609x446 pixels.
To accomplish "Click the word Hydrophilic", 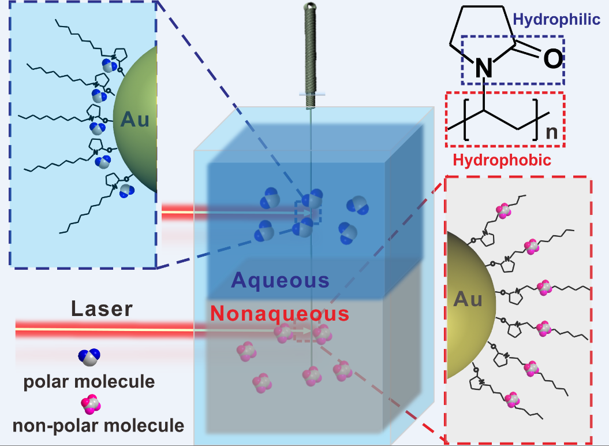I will tap(556, 20).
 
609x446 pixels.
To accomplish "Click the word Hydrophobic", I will tap(502, 160).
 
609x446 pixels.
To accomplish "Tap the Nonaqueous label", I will tap(279, 314).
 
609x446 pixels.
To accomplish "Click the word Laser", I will tap(102, 309).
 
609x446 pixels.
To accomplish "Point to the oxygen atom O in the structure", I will tap(552, 59).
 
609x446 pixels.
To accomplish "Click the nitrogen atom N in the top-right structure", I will tap(484, 69).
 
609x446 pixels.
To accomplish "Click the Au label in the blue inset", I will tap(135, 120).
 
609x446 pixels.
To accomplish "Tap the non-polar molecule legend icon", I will tap(90, 404).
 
